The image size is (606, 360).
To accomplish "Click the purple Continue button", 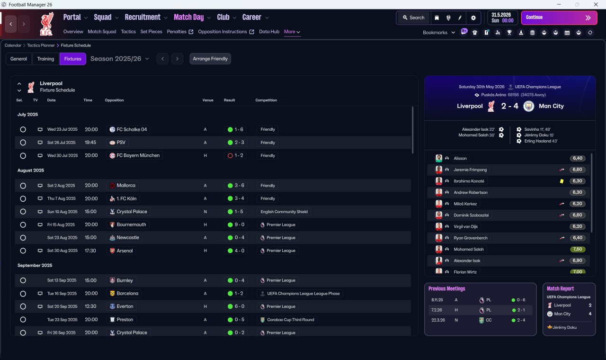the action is click(x=559, y=18).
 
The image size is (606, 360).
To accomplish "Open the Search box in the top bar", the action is click(x=413, y=18).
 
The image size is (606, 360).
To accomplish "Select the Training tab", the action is click(x=45, y=59).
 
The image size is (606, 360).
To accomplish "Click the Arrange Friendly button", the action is click(x=210, y=59).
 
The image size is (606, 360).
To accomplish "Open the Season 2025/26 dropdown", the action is click(x=120, y=59).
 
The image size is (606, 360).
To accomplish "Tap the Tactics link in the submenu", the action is click(x=128, y=32).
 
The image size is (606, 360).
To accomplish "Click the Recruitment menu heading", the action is click(x=143, y=17).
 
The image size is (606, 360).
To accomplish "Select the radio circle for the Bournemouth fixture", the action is click(x=23, y=225).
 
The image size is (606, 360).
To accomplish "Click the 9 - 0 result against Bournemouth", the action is click(x=236, y=225).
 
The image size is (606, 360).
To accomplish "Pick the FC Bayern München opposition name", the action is click(x=138, y=155).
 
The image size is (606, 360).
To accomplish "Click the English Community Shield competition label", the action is click(x=284, y=212).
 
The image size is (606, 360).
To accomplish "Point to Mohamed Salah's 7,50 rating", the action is click(x=578, y=249).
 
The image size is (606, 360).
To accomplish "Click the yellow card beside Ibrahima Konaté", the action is click(x=561, y=181).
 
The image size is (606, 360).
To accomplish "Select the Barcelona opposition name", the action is click(x=127, y=293).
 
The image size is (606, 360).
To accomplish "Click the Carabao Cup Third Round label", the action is click(x=291, y=320).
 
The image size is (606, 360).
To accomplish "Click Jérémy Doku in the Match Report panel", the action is click(x=564, y=327).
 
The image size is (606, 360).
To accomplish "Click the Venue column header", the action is click(x=208, y=100).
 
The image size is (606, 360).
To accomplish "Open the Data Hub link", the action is click(x=269, y=32).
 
